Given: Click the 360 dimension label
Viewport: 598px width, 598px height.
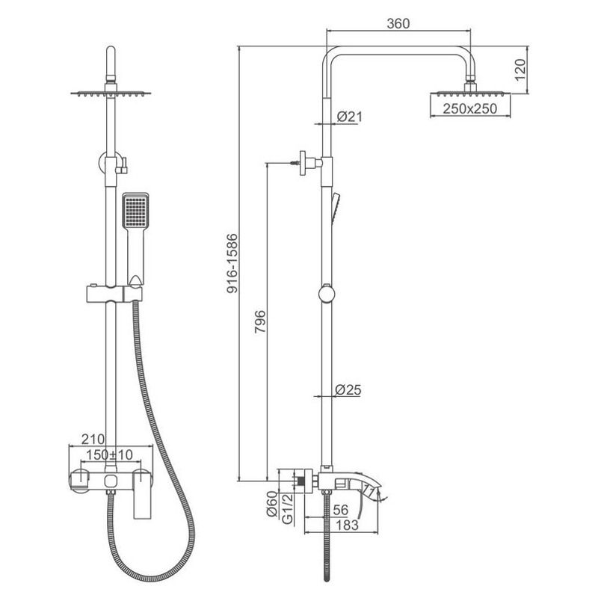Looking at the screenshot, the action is click(398, 24).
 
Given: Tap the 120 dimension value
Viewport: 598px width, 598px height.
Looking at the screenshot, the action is click(520, 70).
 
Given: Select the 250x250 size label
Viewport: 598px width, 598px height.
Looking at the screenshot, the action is click(470, 108).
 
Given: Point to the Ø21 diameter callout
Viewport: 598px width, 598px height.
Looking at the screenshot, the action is click(349, 117).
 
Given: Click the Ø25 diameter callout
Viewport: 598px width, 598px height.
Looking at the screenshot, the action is click(348, 389).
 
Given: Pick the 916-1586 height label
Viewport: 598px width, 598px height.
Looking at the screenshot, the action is click(232, 264).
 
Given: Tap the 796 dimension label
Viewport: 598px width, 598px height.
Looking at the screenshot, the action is click(260, 322).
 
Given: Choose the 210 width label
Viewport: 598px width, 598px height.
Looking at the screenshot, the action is click(93, 439).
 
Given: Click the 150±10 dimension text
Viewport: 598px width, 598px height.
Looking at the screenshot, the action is click(109, 454).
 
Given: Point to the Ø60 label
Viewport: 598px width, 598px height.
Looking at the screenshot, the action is click(271, 504).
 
